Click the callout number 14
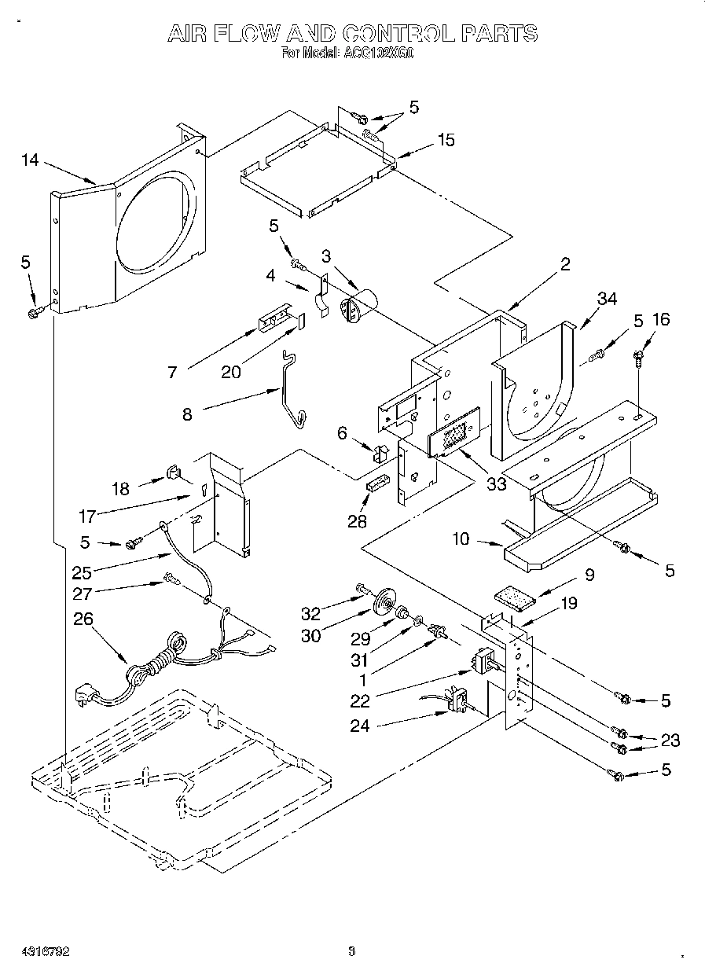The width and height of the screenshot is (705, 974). click(x=30, y=160)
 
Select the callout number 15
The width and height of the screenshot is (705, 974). click(x=446, y=140)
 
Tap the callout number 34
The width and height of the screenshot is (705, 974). click(x=607, y=299)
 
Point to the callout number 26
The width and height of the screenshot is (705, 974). click(x=83, y=619)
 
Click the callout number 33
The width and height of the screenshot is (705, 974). click(x=497, y=484)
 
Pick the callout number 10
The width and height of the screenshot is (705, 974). click(x=461, y=539)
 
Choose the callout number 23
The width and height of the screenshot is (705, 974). click(x=670, y=740)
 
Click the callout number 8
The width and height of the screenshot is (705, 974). click(x=187, y=414)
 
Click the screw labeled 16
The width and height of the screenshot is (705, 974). click(x=637, y=358)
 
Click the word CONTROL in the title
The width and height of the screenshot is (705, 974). click(x=399, y=34)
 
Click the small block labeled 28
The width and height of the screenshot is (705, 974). click(x=377, y=483)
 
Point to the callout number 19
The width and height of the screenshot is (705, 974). click(x=569, y=604)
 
